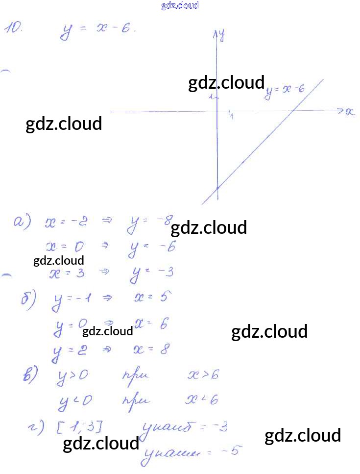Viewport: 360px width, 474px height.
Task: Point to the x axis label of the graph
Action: pyautogui.click(x=349, y=112)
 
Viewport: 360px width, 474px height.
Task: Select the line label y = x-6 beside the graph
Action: pyautogui.click(x=286, y=91)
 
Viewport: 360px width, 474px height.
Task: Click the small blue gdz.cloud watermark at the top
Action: pyautogui.click(x=180, y=6)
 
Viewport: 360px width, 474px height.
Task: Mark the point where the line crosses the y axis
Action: pyautogui.click(x=217, y=187)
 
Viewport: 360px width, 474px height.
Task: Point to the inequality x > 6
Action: pyautogui.click(x=202, y=375)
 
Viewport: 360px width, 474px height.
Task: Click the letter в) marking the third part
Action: pyautogui.click(x=30, y=376)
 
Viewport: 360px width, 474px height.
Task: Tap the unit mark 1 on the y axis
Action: pyautogui.click(x=211, y=97)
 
